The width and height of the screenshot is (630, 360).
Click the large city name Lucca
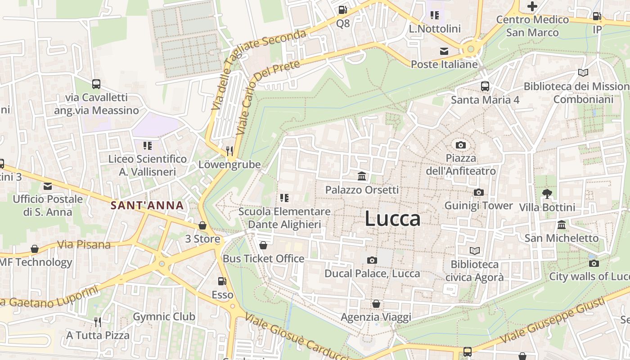pos(392,219)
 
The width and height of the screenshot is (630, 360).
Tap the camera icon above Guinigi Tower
pos(478,193)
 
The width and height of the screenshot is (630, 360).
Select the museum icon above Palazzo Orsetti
pos(362,176)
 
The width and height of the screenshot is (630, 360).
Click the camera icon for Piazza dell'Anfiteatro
pos(460,145)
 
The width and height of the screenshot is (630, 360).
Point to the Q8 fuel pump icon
pos(342,9)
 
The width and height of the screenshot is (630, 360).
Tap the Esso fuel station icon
pos(222,281)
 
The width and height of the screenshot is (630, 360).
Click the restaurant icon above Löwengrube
pos(229,151)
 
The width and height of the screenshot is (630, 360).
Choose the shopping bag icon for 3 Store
pos(202,225)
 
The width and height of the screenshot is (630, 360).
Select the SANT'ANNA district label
pos(147,206)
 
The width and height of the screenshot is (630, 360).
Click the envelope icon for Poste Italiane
pos(444,51)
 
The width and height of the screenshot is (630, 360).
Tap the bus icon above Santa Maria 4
pos(485,86)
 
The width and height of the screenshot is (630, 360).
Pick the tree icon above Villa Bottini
pos(547,194)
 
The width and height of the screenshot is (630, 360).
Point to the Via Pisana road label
pos(84,245)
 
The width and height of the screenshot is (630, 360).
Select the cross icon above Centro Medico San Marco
pos(532,6)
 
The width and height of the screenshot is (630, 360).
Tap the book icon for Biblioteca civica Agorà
pos(474,251)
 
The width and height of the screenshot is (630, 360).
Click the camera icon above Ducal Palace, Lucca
pos(372,260)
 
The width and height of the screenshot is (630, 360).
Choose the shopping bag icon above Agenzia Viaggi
pos(376,304)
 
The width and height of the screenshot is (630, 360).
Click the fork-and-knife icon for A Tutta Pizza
pos(97,322)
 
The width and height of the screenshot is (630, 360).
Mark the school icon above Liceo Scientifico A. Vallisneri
pos(147,145)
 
